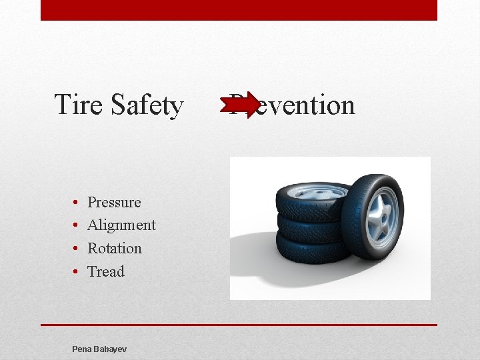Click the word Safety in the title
point(147,105)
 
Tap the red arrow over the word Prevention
point(244,105)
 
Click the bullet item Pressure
point(114,202)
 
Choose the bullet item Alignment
point(121,225)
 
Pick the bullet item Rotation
point(115,248)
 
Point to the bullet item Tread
point(106,271)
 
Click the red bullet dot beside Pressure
point(76,202)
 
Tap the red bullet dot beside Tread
point(76,271)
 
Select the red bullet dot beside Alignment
point(76,225)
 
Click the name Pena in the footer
point(82,349)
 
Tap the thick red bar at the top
point(239,10)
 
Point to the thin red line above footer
point(239,325)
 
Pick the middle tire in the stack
point(307,228)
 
